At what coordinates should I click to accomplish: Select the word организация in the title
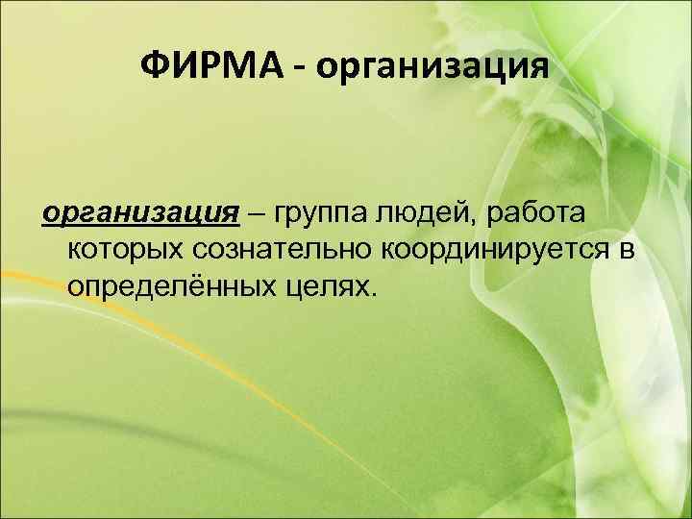pos(432,68)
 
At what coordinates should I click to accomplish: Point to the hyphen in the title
pos(301,69)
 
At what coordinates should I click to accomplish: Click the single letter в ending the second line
pos(627,250)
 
